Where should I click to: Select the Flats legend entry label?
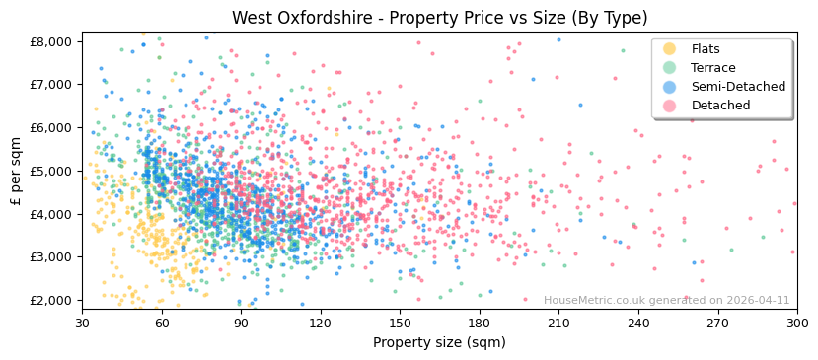click(x=706, y=49)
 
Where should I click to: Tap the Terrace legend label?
click(x=712, y=68)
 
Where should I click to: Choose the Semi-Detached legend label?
click(x=738, y=87)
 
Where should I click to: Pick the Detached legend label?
click(x=720, y=106)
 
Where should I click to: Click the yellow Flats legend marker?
click(x=670, y=49)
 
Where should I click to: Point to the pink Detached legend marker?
click(x=670, y=106)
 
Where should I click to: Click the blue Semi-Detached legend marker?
click(x=670, y=87)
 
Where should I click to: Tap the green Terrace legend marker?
click(x=670, y=68)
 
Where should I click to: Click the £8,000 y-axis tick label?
click(x=50, y=41)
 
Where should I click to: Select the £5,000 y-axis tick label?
click(x=50, y=171)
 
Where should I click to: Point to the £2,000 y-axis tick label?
click(x=50, y=300)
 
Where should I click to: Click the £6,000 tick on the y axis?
click(x=50, y=127)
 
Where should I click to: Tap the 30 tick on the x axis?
click(x=82, y=323)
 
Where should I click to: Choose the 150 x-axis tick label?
click(x=400, y=323)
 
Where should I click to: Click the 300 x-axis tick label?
click(x=796, y=323)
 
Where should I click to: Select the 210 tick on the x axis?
click(x=558, y=323)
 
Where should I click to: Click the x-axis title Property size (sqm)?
click(x=439, y=343)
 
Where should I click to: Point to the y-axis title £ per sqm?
click(x=16, y=171)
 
